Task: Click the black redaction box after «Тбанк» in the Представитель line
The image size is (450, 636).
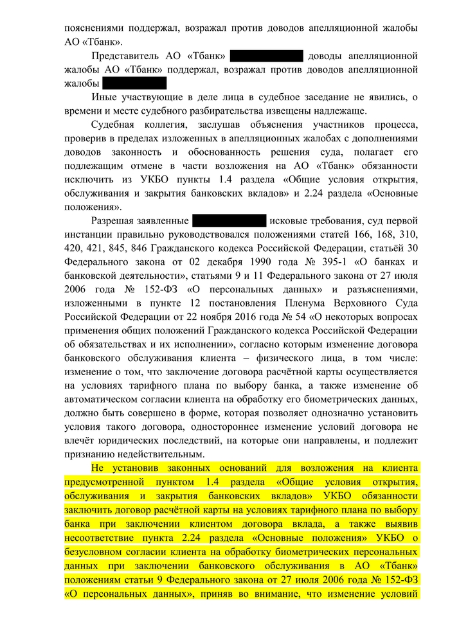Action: tap(265, 56)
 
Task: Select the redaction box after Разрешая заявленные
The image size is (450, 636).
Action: tap(229, 221)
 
